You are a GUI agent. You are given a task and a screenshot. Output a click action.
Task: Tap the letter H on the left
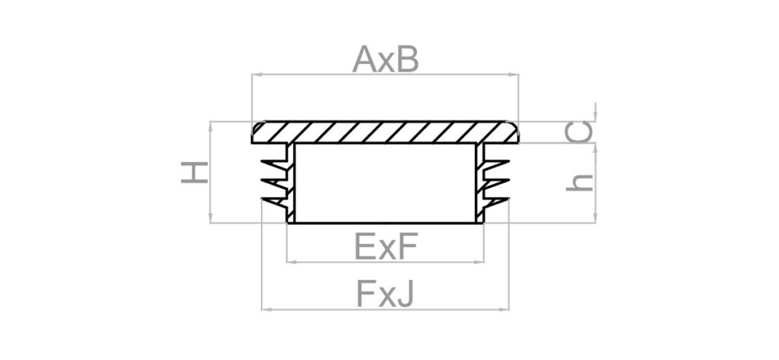tap(195, 173)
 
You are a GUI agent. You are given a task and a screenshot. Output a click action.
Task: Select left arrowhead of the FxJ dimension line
tap(265, 310)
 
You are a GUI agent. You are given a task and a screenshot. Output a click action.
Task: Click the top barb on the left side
tap(273, 163)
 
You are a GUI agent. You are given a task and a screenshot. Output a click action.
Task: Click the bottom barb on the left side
tap(273, 202)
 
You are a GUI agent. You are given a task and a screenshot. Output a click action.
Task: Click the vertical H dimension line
tap(208, 173)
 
